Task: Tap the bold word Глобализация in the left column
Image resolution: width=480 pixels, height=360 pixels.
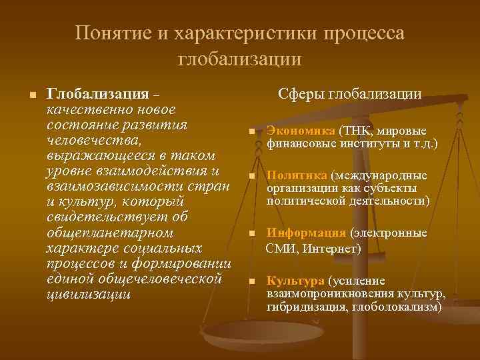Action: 97,94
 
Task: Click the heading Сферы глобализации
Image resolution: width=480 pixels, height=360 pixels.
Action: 349,94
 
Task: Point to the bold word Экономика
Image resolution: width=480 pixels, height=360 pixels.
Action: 301,131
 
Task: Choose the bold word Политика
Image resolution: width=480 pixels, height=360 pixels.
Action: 297,176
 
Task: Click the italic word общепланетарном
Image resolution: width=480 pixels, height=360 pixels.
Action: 111,233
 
